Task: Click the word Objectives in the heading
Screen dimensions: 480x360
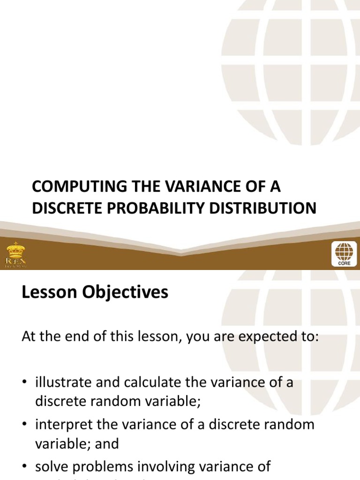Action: point(126,292)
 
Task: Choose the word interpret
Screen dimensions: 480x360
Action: point(61,425)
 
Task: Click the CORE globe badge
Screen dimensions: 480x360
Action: point(344,254)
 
